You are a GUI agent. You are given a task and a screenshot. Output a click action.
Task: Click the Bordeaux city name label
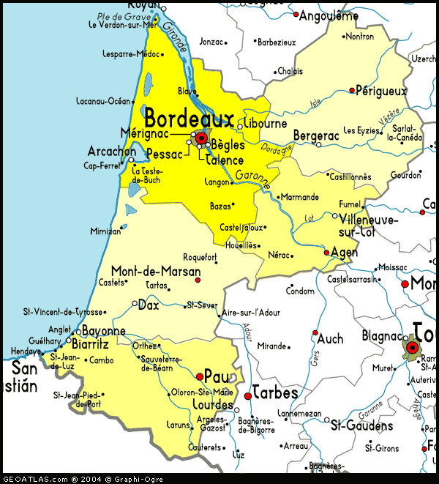(x=190, y=118)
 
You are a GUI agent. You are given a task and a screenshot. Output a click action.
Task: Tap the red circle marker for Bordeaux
(x=200, y=137)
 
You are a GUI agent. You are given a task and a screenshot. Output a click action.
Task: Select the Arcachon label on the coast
(x=111, y=151)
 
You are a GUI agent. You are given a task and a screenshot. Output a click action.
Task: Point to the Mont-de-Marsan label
(x=155, y=270)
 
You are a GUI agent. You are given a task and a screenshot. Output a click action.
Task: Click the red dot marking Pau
(x=200, y=376)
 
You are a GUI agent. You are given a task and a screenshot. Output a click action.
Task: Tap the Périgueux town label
(x=380, y=91)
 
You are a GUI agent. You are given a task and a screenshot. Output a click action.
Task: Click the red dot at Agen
(x=327, y=253)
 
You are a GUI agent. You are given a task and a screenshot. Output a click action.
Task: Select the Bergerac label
(x=316, y=135)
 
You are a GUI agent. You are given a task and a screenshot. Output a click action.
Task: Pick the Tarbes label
(x=275, y=393)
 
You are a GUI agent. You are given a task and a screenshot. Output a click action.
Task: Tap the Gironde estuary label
(x=174, y=39)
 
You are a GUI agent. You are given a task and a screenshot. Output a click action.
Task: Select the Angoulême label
(x=331, y=15)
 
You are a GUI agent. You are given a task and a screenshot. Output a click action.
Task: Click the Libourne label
(x=266, y=124)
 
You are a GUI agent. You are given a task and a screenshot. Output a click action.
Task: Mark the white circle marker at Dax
(x=134, y=303)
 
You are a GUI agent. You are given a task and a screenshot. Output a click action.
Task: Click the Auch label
(x=330, y=339)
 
